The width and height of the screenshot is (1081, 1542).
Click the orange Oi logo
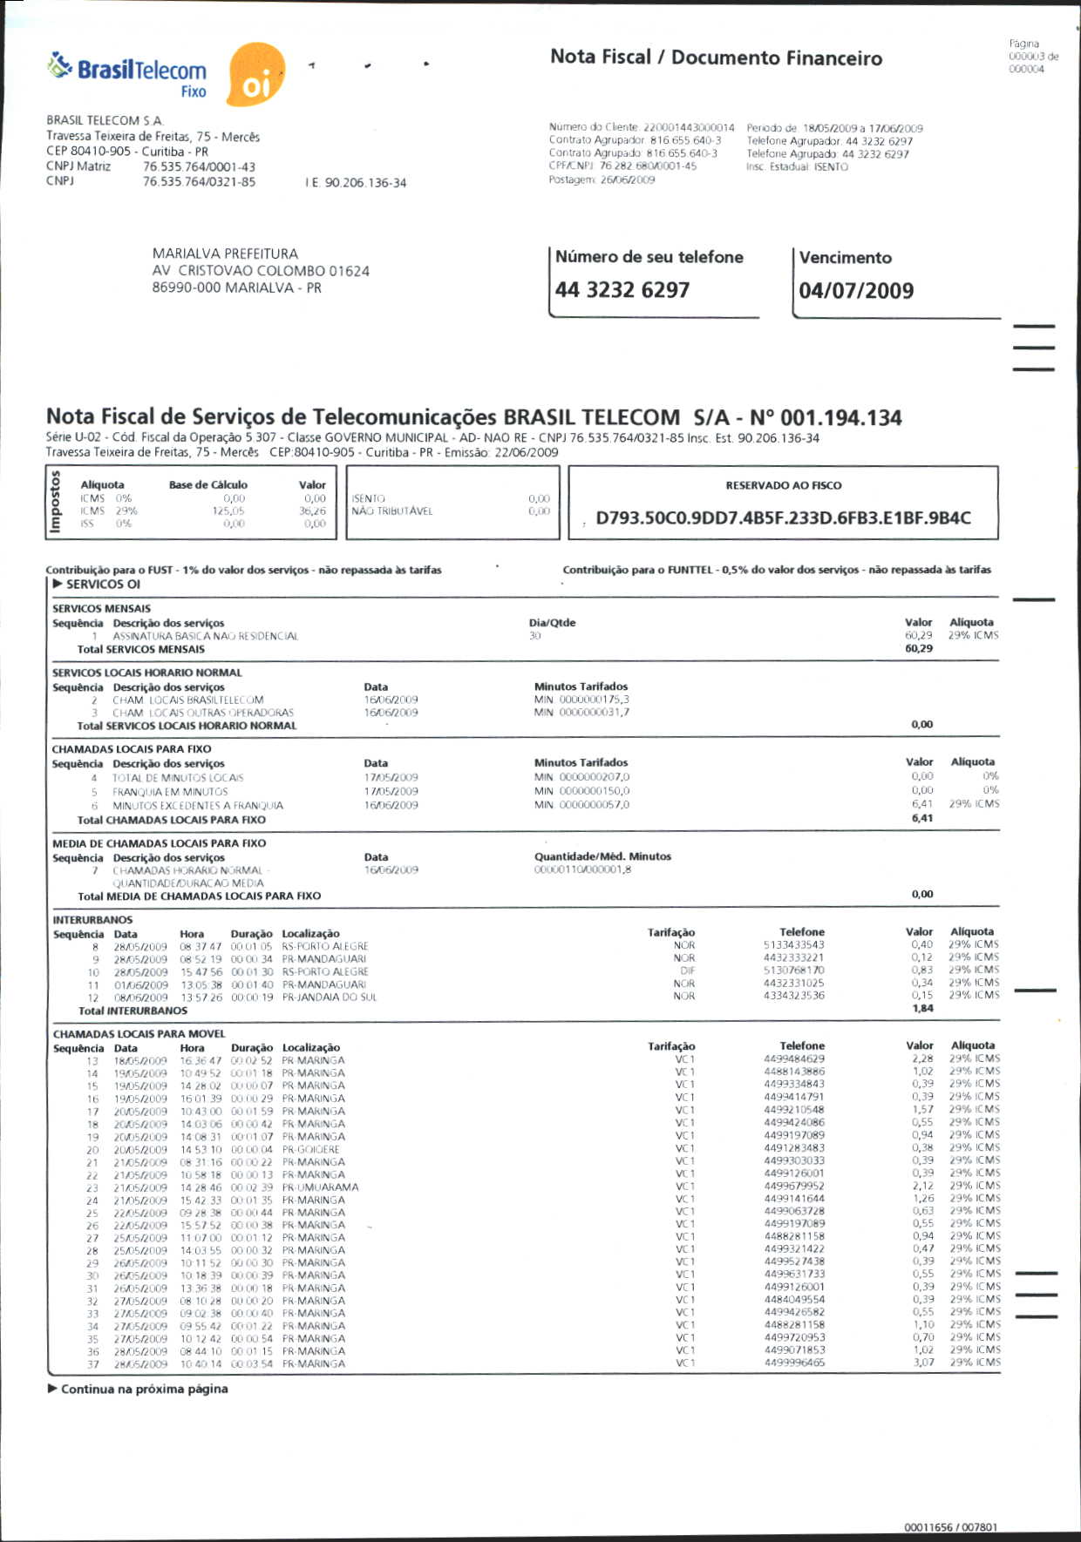point(255,76)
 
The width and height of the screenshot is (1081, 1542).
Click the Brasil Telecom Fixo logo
point(129,75)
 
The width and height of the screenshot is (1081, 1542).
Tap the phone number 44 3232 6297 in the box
point(622,290)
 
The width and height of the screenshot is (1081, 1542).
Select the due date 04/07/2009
point(856,291)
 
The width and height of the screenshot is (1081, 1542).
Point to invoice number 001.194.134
point(841,418)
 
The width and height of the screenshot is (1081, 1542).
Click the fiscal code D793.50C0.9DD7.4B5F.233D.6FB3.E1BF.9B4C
point(783,518)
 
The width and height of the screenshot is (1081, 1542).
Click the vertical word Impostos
point(56,502)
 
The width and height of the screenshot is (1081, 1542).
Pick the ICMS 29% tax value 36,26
point(312,511)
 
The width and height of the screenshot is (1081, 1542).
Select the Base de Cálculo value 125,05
point(228,511)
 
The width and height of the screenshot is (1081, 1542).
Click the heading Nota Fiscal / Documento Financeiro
point(716,58)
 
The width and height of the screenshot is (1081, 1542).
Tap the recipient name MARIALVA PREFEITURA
point(225,254)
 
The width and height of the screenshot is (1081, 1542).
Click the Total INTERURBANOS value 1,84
point(922,1009)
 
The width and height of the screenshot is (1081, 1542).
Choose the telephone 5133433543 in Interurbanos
point(793,945)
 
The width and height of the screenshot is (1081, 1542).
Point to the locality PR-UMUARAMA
point(320,1187)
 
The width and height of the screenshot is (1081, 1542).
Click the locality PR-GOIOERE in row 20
point(311,1149)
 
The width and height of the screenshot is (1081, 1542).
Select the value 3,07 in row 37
point(923,1363)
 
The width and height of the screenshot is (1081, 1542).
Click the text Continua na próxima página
point(144,1389)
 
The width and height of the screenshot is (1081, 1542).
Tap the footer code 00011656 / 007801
point(950,1527)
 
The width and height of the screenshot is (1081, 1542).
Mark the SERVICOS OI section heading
point(102,585)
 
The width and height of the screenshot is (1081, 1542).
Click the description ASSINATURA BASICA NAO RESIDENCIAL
point(205,637)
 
